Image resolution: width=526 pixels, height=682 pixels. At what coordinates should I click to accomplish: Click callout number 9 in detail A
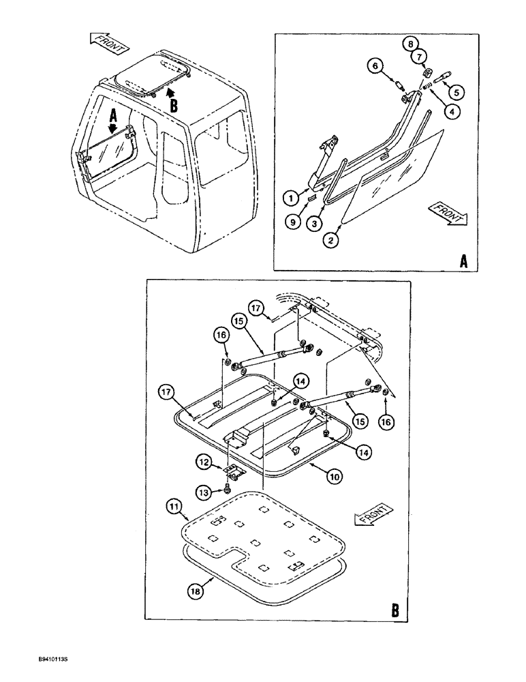pos(292,221)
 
